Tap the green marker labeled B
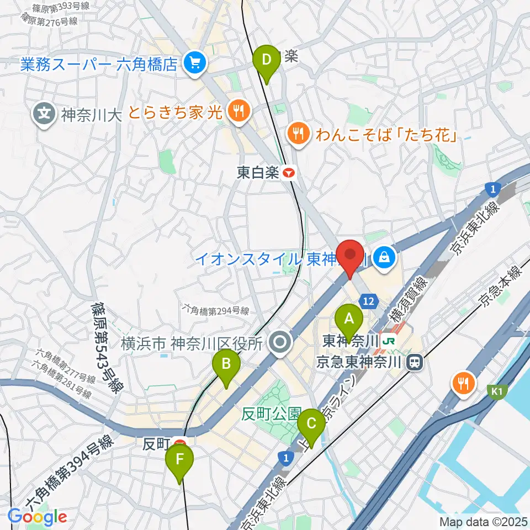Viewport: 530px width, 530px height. [226, 364]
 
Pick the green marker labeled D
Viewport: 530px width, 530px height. [266, 59]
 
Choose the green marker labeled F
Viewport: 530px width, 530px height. [179, 459]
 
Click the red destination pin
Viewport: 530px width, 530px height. [350, 255]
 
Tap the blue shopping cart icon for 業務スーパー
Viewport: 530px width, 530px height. [194, 65]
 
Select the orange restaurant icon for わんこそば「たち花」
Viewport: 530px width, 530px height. [299, 133]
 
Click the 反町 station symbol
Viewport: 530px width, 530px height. [178, 443]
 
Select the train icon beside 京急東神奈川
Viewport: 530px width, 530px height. [412, 362]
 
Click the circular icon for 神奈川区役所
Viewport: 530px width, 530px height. [280, 343]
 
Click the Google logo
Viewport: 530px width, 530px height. [37, 517]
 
